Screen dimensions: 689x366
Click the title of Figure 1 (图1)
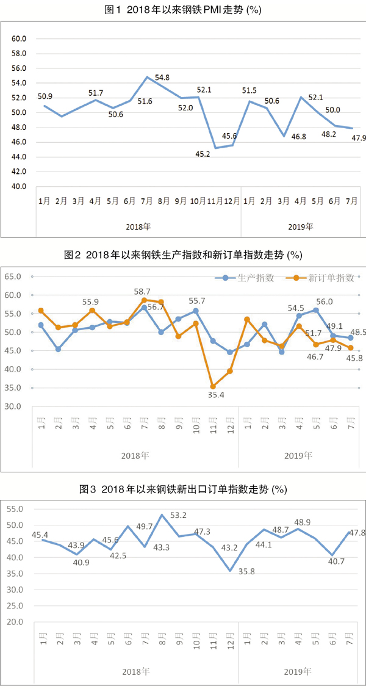183,10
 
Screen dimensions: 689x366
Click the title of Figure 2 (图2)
183,254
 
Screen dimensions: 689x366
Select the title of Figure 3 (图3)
183,489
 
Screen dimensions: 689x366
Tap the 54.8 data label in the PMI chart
162,78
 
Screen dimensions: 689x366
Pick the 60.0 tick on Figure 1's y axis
20,38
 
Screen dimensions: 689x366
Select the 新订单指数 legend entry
323,278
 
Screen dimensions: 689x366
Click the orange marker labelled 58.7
144,300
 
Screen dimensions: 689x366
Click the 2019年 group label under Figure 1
300,226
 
